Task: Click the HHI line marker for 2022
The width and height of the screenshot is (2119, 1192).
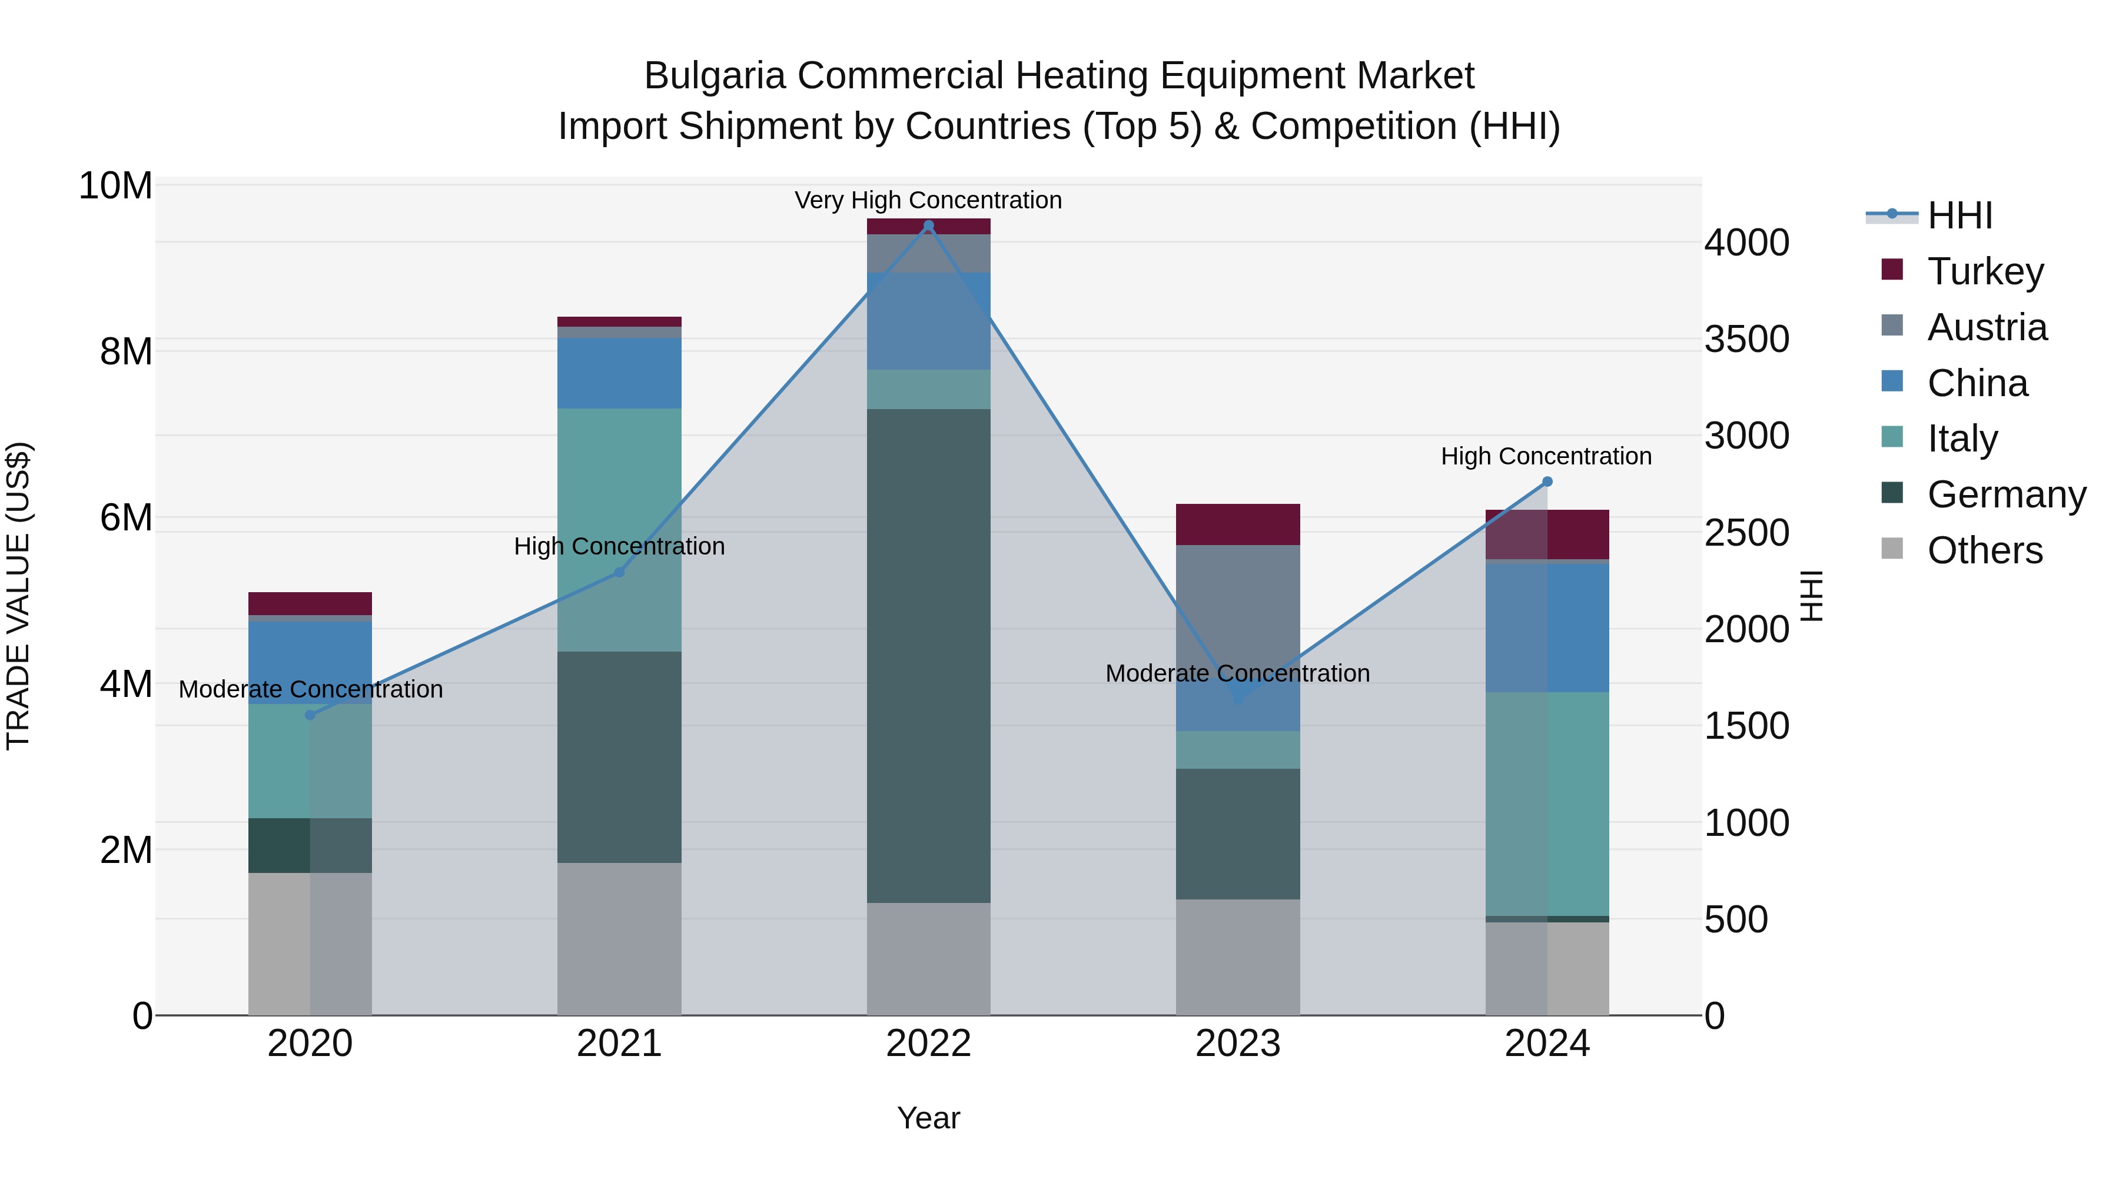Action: point(929,225)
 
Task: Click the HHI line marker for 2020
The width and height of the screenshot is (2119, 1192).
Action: point(310,715)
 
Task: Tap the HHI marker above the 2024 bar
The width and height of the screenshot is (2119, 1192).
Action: point(1547,482)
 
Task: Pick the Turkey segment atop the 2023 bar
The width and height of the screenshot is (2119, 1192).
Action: point(1238,524)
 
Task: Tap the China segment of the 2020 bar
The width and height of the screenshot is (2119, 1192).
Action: point(310,662)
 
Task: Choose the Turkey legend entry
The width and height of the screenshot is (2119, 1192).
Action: point(1984,271)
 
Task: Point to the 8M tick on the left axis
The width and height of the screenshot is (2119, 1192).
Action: point(126,351)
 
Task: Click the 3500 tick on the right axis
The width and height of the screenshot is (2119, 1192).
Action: point(1746,339)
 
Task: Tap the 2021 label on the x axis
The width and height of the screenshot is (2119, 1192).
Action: point(619,1044)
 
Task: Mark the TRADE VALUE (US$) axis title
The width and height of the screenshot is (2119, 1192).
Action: point(18,596)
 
